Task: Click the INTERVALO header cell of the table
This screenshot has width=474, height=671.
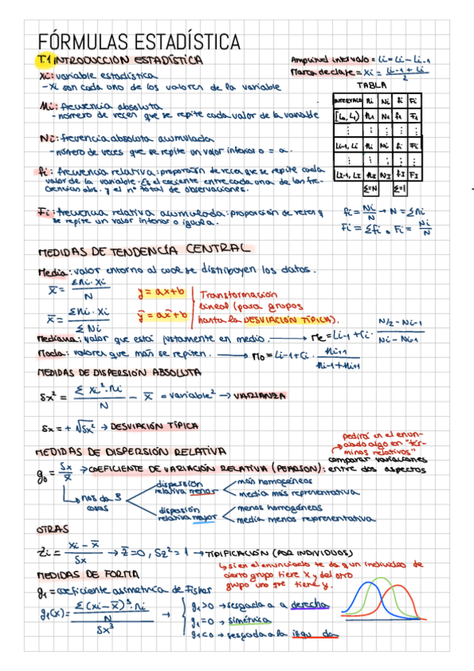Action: pos(347,101)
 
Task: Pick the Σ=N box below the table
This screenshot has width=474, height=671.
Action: pos(370,189)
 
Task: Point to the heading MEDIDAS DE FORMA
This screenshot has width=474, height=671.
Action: pos(89,573)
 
